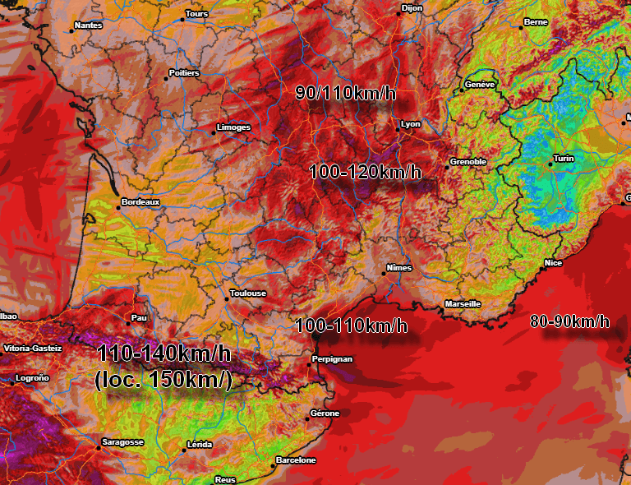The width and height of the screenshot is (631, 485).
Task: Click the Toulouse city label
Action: pos(248,293)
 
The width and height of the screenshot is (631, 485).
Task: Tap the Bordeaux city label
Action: pos(140,201)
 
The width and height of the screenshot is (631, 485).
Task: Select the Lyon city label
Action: pos(411,124)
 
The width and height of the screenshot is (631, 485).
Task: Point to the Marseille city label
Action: pos(463,303)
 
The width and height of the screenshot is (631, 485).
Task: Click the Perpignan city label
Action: pos(333,359)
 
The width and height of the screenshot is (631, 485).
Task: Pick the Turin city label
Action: pos(564,159)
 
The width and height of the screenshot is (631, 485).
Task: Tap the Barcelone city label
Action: pos(296,460)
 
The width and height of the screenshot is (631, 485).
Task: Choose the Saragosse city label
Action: pos(122,442)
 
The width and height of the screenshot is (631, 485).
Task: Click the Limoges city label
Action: pos(233,128)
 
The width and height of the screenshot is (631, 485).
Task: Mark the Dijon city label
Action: pos(412,8)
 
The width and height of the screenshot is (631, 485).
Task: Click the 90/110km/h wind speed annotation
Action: pos(346,93)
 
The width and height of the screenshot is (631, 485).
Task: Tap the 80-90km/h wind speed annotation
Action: pos(570,321)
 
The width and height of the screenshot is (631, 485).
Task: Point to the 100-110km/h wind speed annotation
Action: pos(351,326)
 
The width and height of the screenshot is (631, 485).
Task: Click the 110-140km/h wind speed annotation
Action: pos(164,355)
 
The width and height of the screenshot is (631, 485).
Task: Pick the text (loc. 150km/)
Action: pos(164,381)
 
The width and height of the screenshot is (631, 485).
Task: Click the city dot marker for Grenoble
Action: pos(448,167)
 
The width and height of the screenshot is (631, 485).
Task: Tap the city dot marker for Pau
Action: pos(127,321)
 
